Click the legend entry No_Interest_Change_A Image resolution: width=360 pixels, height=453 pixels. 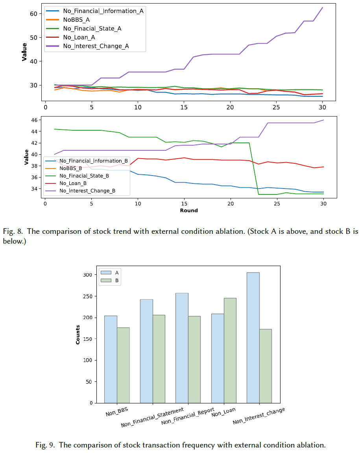click(x=96, y=46)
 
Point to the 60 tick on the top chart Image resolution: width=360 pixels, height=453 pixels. click(x=33, y=14)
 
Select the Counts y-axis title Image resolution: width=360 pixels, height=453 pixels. click(x=78, y=335)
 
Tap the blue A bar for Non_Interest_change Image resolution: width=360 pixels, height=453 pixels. click(x=253, y=337)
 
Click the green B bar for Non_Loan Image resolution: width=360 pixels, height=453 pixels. click(x=230, y=350)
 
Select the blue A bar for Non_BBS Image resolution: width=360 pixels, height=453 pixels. click(x=111, y=359)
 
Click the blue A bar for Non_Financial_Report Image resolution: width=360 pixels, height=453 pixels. click(x=182, y=348)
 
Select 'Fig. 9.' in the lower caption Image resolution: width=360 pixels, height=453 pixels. click(x=46, y=445)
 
